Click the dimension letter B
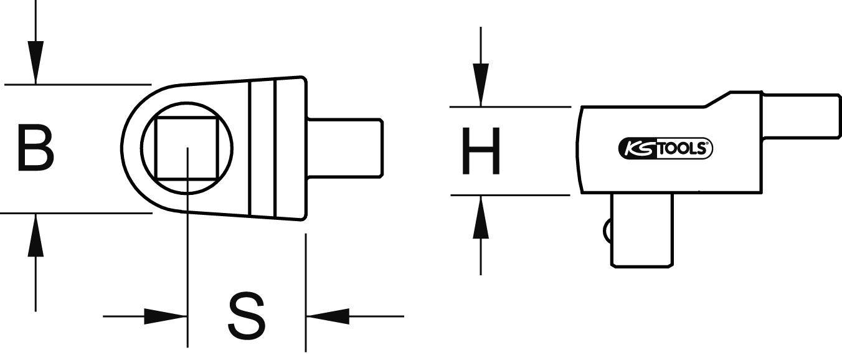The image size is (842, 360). click(x=35, y=148)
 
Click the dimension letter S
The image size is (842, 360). click(x=247, y=316)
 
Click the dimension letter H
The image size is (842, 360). click(x=480, y=151)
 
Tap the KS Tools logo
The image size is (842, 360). click(x=665, y=149)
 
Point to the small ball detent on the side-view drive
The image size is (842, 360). click(x=607, y=230)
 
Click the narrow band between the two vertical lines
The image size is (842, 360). click(x=262, y=148)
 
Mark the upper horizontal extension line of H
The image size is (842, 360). click(x=511, y=107)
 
